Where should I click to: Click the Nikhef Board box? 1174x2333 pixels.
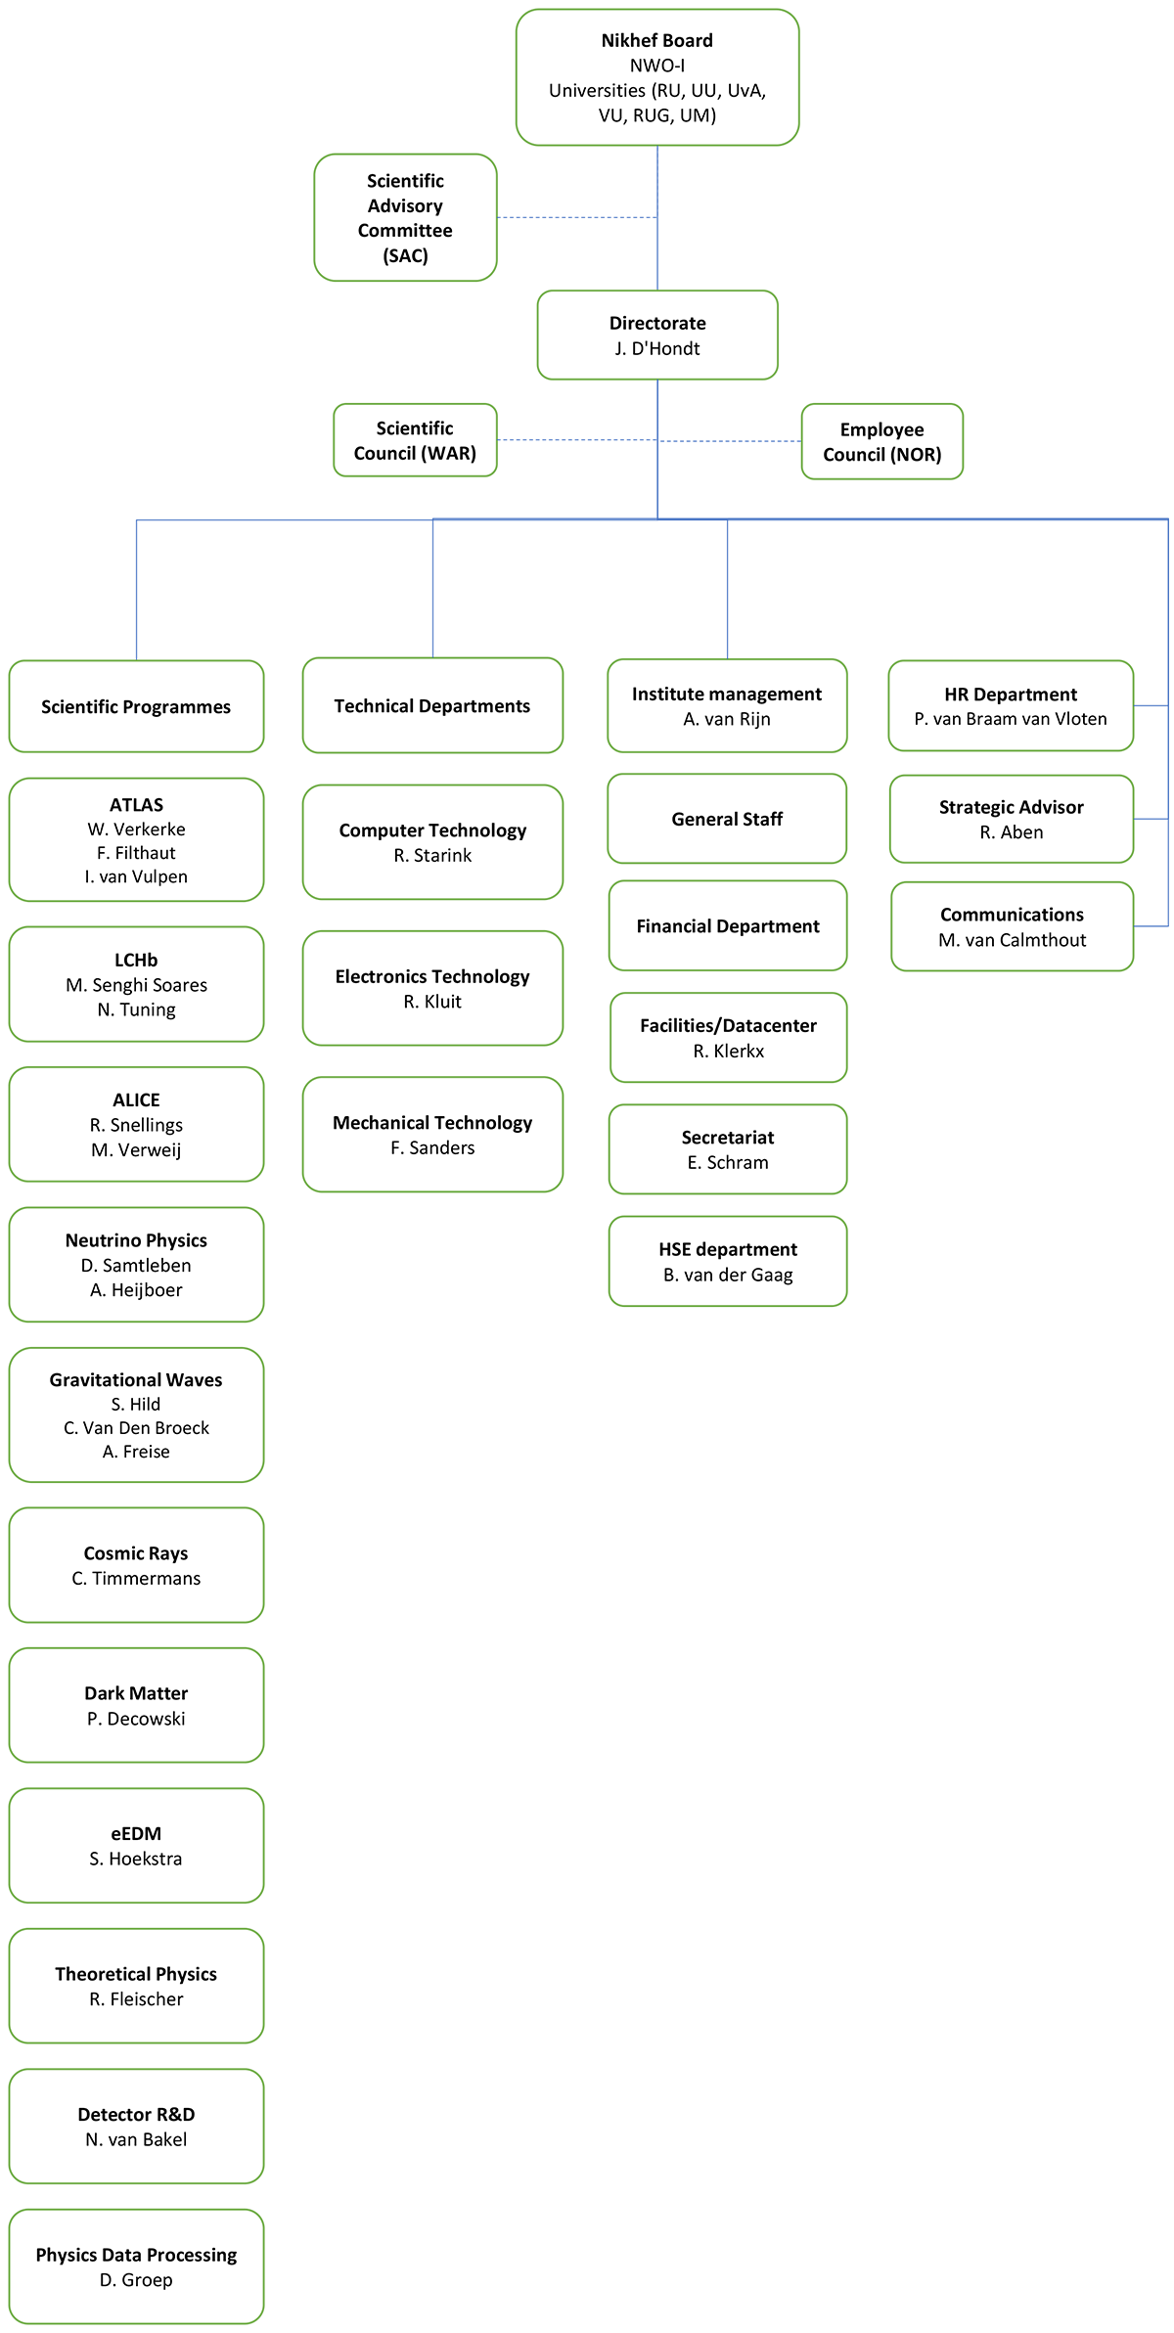657,77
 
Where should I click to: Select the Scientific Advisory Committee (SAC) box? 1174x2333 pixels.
405,217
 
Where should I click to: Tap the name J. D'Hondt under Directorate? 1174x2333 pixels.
657,348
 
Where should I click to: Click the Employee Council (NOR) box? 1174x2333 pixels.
882,441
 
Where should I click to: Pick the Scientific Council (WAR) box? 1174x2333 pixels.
415,440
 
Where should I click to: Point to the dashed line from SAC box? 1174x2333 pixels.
577,217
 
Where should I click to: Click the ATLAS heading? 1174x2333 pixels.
136,804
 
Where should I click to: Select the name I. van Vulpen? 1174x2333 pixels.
136,876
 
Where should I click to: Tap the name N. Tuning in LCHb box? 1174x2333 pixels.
136,1009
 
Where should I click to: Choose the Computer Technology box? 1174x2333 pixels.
432,842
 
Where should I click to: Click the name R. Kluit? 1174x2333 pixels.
432,1002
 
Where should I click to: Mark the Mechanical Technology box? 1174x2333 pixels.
432,1135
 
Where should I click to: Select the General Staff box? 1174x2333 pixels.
727,819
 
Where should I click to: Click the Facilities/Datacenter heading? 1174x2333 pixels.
728,1025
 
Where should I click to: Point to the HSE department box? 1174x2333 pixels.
728,1261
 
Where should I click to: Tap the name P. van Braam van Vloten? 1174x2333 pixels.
1011,719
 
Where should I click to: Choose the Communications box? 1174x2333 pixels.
1012,926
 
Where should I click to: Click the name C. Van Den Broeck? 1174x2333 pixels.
136,1428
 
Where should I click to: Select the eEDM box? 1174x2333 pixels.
136,1846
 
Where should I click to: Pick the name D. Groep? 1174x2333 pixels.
136,2280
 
